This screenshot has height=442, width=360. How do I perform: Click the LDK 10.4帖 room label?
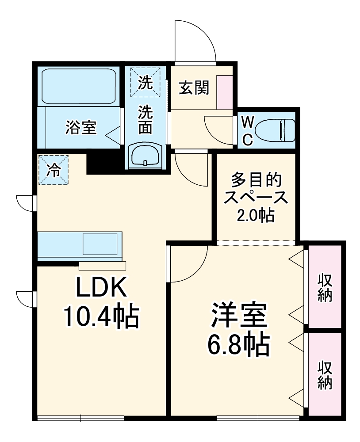coord(101,303)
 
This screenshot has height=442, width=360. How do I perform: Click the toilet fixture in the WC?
coord(276,130)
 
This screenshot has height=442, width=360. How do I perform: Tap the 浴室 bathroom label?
coord(81,128)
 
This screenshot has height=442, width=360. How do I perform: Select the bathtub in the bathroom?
coord(79,86)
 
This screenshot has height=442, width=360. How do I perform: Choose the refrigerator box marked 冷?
coord(53,170)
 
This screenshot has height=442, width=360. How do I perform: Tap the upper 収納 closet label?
coord(325,287)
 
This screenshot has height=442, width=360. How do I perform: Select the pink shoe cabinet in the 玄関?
coord(225,92)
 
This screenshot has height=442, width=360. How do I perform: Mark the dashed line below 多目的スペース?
coord(256,243)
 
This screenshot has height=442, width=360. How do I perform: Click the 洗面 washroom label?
coord(145,119)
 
